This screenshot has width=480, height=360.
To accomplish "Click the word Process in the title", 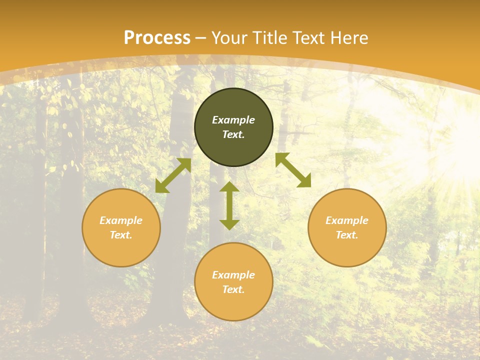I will pyautogui.click(x=157, y=38).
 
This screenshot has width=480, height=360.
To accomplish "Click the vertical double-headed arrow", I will pyautogui.click(x=229, y=205).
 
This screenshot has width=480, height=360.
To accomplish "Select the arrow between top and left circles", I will pyautogui.click(x=173, y=175).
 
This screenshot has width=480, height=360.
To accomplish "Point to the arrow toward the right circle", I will pyautogui.click(x=293, y=170).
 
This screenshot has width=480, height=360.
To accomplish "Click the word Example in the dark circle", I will pyautogui.click(x=233, y=120).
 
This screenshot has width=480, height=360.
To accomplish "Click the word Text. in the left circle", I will pyautogui.click(x=121, y=235).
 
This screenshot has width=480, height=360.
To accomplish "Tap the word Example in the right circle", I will pyautogui.click(x=347, y=220).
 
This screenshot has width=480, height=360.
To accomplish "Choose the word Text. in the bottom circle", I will pyautogui.click(x=233, y=289).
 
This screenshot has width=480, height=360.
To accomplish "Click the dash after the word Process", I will pyautogui.click(x=201, y=38).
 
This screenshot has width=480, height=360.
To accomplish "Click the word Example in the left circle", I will pyautogui.click(x=121, y=220).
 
